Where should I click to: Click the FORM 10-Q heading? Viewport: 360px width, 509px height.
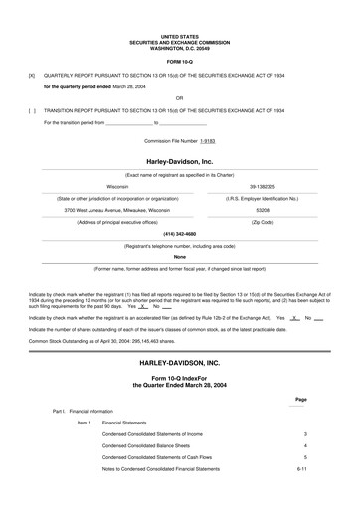click(180, 63)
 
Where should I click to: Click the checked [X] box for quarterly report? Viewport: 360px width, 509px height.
click(32, 75)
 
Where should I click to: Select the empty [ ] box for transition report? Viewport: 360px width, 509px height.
click(32, 110)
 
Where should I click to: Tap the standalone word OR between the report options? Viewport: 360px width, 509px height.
click(180, 98)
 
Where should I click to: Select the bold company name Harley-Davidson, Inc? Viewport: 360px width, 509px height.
click(180, 160)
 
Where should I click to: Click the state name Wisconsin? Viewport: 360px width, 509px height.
click(117, 185)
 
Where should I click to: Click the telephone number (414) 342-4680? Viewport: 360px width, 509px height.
click(180, 235)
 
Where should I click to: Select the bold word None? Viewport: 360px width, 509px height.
click(180, 256)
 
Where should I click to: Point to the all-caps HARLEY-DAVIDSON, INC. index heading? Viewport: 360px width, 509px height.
click(180, 366)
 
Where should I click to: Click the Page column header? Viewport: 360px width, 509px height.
click(301, 399)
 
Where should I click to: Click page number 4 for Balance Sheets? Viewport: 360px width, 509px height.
click(305, 446)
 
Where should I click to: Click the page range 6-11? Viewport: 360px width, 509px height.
click(304, 469)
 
